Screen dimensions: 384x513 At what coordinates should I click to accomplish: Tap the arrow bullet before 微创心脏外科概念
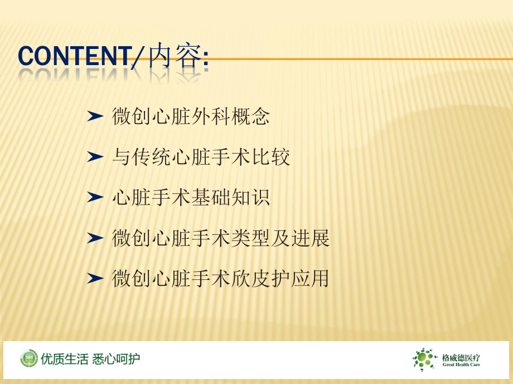point(96,116)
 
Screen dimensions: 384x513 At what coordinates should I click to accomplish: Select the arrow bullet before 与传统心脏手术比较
point(96,157)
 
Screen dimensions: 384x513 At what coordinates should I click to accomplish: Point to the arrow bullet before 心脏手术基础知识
point(96,198)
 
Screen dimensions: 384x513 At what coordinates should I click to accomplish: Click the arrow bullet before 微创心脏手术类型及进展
point(96,238)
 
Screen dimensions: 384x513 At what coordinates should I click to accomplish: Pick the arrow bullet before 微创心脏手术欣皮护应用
point(96,278)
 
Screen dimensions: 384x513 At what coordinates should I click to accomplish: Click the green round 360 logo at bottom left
point(29,358)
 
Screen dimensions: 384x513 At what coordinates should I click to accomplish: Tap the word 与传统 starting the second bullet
point(132,157)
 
